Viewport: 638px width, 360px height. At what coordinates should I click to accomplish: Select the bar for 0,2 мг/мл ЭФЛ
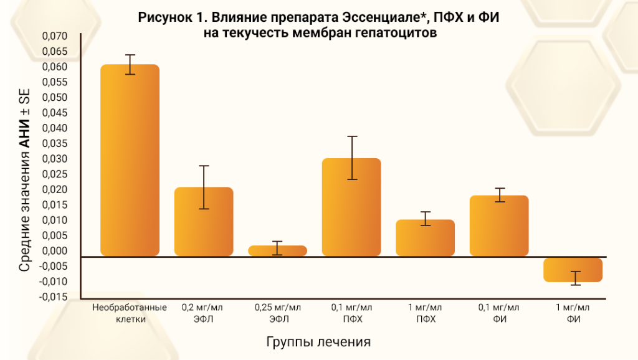pos(204,221)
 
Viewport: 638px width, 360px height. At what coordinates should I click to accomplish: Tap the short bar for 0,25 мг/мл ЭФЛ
pos(278,250)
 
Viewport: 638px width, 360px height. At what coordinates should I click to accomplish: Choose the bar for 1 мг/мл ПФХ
pos(426,237)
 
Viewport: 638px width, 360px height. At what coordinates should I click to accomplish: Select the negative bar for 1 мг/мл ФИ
pos(573,269)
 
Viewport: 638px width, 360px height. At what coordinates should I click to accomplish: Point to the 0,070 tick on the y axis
pos(54,36)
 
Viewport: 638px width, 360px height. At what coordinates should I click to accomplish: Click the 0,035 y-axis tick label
pos(54,143)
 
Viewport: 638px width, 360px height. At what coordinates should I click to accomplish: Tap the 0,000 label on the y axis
pos(54,251)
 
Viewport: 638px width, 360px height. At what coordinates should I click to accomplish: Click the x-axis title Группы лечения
pos(318,342)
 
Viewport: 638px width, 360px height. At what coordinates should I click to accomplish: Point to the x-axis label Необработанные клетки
pos(130,313)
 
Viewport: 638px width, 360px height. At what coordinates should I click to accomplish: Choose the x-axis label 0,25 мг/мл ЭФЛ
pos(278,313)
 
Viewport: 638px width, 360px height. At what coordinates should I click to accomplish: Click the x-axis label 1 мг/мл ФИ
pos(573,313)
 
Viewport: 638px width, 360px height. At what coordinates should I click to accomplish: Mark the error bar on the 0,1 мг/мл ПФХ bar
pos(352,158)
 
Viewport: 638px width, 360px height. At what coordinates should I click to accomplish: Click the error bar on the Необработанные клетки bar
pos(130,64)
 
